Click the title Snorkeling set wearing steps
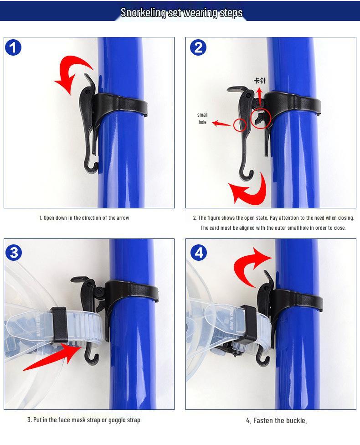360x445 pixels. pyautogui.click(x=181, y=12)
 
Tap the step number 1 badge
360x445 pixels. pyautogui.click(x=13, y=47)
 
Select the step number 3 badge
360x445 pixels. pyautogui.click(x=14, y=252)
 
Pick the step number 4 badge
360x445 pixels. pyautogui.click(x=198, y=252)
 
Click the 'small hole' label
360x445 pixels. pyautogui.click(x=202, y=119)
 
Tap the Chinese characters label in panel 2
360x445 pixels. pyautogui.click(x=259, y=81)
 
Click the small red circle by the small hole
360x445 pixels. pyautogui.click(x=240, y=124)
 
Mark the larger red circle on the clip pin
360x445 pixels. pyautogui.click(x=261, y=119)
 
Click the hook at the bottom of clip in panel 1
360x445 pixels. pyautogui.click(x=92, y=166)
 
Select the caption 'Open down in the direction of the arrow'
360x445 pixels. pyautogui.click(x=84, y=218)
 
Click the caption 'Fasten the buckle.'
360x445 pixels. pyautogui.click(x=276, y=420)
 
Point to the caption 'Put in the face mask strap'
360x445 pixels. pyautogui.click(x=83, y=420)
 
